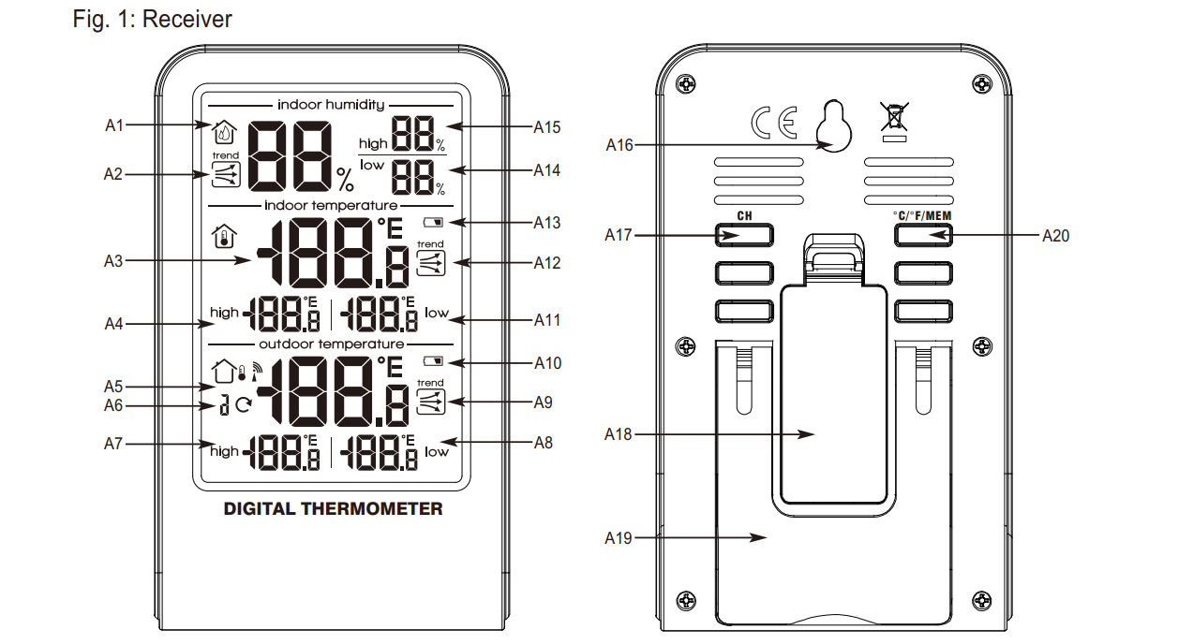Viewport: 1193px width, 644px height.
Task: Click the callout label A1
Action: tap(114, 125)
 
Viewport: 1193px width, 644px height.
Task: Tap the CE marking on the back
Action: tap(774, 123)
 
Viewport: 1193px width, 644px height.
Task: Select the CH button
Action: tap(744, 235)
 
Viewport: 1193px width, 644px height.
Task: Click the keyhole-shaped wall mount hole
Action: tap(833, 126)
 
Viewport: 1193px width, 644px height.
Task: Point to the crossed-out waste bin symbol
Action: tap(894, 117)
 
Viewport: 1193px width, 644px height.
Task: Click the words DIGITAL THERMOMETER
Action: tap(333, 509)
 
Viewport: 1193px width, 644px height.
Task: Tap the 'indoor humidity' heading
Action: tap(331, 105)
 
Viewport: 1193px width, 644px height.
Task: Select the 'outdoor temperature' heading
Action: tap(331, 344)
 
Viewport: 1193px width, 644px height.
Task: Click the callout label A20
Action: tap(1055, 236)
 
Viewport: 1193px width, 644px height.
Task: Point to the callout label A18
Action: tap(618, 434)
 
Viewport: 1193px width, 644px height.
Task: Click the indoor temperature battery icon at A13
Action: tap(433, 222)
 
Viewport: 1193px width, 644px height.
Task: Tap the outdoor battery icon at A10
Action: tap(433, 361)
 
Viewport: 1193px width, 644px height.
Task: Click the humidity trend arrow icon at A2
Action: tap(226, 174)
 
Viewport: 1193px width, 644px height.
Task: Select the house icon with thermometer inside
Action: tap(224, 237)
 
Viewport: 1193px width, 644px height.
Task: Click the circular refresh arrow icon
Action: tap(244, 405)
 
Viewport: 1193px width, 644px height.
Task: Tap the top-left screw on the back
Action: tap(685, 84)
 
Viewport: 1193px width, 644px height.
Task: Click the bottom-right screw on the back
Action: tap(982, 601)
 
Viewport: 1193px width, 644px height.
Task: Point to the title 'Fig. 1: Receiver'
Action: tap(153, 19)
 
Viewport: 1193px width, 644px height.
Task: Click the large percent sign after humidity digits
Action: tap(345, 180)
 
